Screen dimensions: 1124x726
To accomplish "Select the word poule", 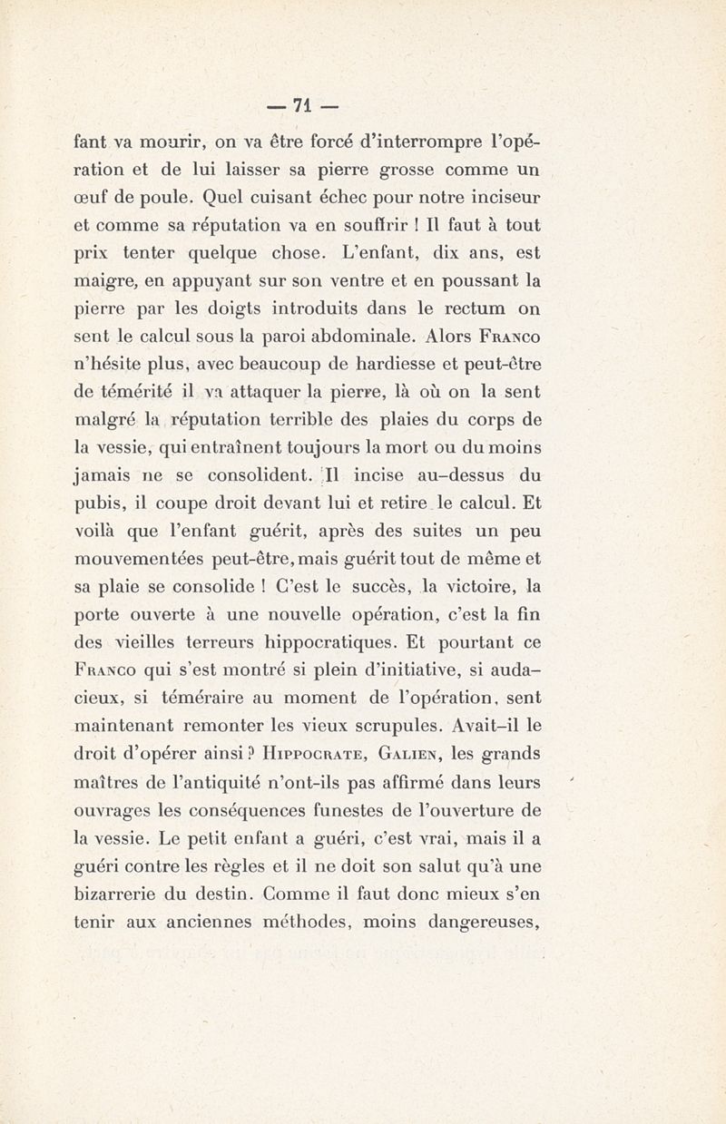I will [x=169, y=195].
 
